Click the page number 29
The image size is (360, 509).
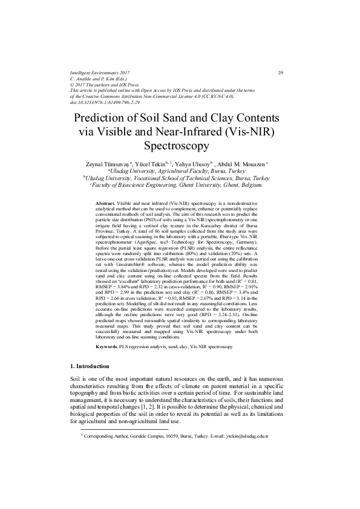(281, 73)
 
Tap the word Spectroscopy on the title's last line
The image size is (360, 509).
(180, 145)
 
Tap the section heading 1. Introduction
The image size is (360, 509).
(90, 366)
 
